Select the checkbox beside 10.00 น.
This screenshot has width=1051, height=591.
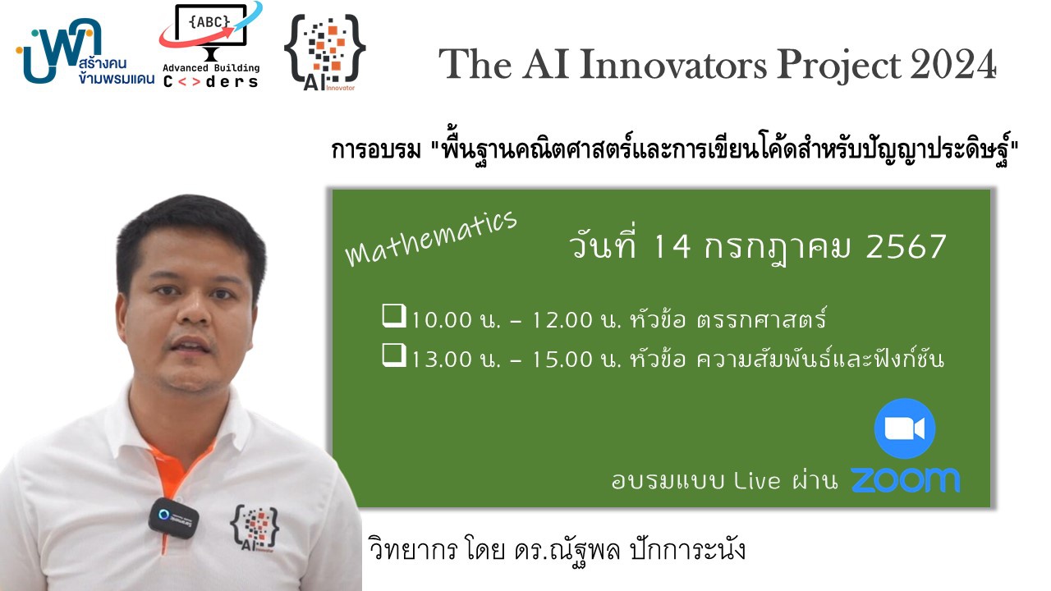pyautogui.click(x=394, y=316)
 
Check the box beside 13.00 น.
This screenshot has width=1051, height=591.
pyautogui.click(x=394, y=355)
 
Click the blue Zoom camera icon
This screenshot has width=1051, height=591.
pyautogui.click(x=905, y=428)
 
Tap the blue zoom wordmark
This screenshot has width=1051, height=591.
pyautogui.click(x=906, y=480)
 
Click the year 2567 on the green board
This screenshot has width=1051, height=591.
pyautogui.click(x=906, y=247)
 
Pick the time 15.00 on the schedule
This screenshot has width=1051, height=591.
pyautogui.click(x=562, y=360)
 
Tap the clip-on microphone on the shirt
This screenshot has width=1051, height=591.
pyautogui.click(x=173, y=518)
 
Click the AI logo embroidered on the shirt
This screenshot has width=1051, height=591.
pyautogui.click(x=255, y=528)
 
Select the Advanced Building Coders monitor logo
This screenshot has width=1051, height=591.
pyautogui.click(x=211, y=44)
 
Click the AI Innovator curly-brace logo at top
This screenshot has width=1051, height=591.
pyautogui.click(x=325, y=53)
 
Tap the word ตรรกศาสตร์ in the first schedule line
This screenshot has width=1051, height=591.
pyautogui.click(x=761, y=318)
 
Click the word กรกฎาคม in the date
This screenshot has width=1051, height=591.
pyautogui.click(x=777, y=248)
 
